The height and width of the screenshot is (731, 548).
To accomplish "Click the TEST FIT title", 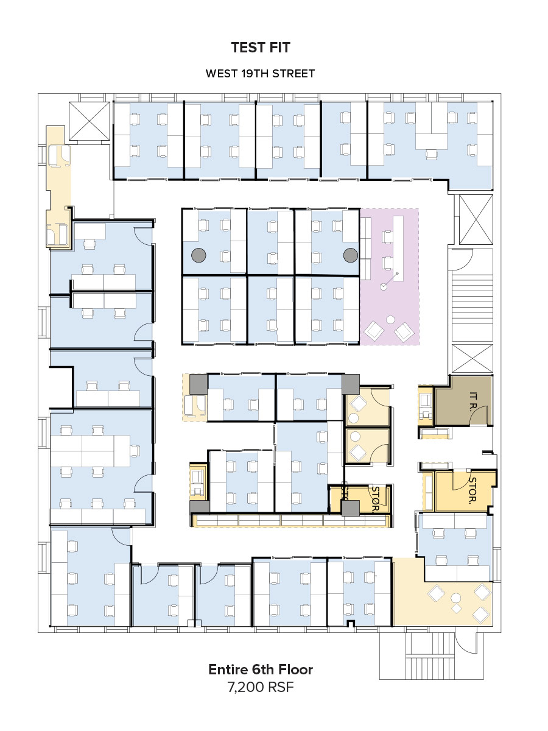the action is click(x=261, y=48).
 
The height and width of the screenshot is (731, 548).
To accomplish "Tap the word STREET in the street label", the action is click(x=293, y=74).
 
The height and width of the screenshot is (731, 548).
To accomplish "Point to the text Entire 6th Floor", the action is click(x=261, y=669).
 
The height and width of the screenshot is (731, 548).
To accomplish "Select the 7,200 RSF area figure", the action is click(x=261, y=687).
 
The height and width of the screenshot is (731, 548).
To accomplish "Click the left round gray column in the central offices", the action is click(x=198, y=255).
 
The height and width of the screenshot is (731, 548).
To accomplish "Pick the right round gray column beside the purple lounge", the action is click(x=351, y=255).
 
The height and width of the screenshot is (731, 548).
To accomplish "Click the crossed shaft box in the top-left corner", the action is click(x=89, y=121).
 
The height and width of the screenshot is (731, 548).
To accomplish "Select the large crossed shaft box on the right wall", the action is click(x=476, y=220).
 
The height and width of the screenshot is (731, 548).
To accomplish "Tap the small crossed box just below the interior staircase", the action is click(x=472, y=359).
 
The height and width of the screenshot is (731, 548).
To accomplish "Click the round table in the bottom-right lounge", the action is click(x=456, y=598).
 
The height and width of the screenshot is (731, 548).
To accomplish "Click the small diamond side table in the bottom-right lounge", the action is click(x=457, y=609).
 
